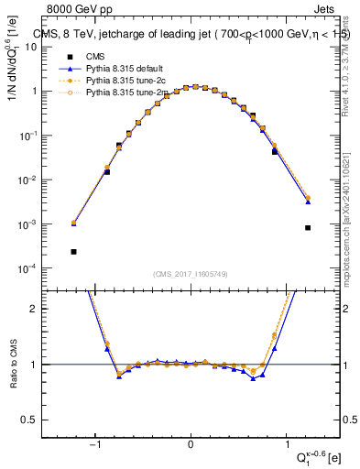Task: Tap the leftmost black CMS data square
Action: (x=73, y=251)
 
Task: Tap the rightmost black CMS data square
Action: (x=308, y=228)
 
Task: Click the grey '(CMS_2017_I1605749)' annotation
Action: (x=191, y=274)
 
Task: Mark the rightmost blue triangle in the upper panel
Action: (x=308, y=202)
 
